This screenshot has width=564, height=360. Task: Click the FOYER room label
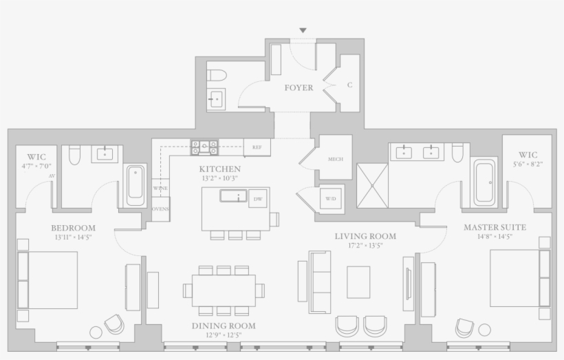click(299, 88)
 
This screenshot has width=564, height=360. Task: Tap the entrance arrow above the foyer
click(303, 31)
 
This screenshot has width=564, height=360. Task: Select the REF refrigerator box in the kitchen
click(257, 147)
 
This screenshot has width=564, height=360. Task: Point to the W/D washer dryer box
click(331, 200)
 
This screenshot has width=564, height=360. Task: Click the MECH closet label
click(335, 159)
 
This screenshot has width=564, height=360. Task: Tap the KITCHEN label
click(220, 169)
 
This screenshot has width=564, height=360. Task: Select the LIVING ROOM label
click(365, 236)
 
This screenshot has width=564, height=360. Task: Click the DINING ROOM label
click(224, 326)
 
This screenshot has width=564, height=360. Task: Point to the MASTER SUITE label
click(495, 227)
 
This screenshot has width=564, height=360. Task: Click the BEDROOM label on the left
click(73, 228)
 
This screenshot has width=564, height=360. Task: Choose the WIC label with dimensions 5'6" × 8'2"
click(528, 155)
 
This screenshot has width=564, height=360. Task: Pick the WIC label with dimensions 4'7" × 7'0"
click(36, 156)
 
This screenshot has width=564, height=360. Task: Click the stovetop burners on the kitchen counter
click(205, 147)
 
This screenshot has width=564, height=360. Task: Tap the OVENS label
click(160, 209)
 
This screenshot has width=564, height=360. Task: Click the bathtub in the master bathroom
click(485, 182)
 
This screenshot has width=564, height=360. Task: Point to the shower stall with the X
click(373, 185)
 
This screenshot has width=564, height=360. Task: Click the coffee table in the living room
click(358, 282)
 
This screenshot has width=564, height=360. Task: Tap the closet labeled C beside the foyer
click(349, 85)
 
